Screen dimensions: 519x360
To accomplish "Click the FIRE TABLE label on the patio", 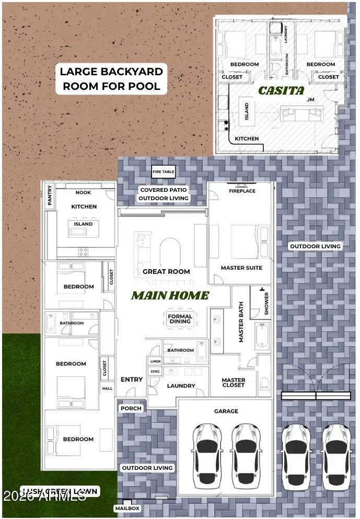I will [x=163, y=171].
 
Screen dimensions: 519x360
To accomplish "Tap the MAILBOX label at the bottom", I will [x=127, y=508].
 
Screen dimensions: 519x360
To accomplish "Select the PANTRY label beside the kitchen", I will [x=50, y=195].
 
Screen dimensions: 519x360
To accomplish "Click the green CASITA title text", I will [x=281, y=90].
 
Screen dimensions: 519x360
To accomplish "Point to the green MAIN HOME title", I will [x=170, y=296].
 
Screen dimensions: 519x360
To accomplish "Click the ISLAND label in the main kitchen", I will [x=83, y=224].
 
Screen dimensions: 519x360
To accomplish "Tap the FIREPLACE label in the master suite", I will [x=242, y=191].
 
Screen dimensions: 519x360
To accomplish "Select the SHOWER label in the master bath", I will [x=266, y=303].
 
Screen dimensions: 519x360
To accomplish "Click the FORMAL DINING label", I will [x=180, y=319].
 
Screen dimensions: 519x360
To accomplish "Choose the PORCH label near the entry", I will [x=131, y=408].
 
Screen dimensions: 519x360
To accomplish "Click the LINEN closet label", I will [x=155, y=361].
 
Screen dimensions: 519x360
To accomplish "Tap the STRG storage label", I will [x=155, y=372].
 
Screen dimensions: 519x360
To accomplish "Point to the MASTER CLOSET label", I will [x=233, y=383].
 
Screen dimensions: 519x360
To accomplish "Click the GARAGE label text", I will [x=226, y=411].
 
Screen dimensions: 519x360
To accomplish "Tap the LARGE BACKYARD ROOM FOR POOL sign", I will [x=111, y=79].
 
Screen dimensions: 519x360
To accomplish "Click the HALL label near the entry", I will [x=107, y=388].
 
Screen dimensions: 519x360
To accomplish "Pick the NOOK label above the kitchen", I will [x=83, y=192].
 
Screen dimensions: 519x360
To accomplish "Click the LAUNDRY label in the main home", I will [x=181, y=386].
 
